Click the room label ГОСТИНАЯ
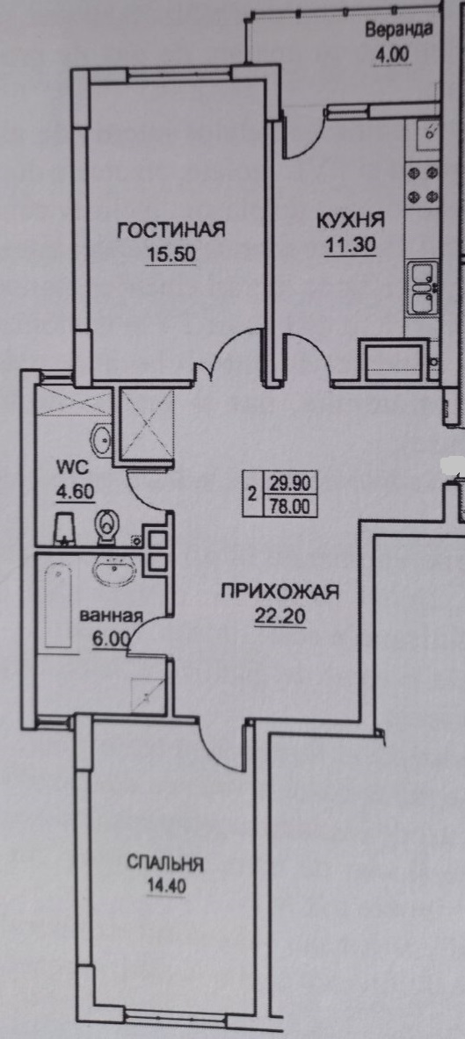[x=171, y=230]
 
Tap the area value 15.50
[x=171, y=254]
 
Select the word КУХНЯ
[x=350, y=220]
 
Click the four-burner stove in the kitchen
[x=423, y=184]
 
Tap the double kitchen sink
[x=424, y=287]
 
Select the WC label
[x=67, y=468]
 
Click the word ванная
[x=112, y=616]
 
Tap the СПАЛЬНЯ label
[x=164, y=864]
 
